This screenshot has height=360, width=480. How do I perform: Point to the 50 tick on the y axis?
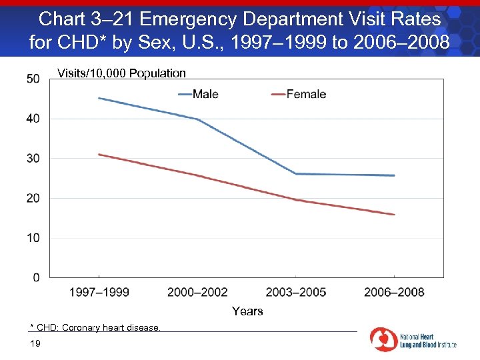point(33,79)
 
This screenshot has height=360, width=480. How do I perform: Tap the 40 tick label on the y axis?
point(33,119)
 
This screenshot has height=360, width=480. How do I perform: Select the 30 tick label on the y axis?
point(33,159)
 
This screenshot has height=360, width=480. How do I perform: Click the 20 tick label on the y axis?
point(33,199)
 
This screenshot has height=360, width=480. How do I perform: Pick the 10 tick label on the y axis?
point(33,238)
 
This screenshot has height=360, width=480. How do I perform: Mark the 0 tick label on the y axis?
point(35,277)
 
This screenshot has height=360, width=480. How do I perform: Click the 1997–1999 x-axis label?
point(99,292)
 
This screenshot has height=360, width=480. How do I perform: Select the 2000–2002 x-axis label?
point(197,292)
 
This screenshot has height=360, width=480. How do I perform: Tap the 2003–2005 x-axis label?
point(296,292)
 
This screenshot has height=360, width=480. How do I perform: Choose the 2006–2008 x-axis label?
point(394,292)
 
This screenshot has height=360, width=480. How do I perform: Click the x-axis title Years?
point(247,311)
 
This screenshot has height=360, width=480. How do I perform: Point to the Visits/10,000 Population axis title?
point(121,73)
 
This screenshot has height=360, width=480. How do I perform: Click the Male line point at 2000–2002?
point(197,119)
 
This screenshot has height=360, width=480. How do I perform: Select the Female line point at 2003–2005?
point(296,200)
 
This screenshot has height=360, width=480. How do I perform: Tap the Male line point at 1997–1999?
point(99,98)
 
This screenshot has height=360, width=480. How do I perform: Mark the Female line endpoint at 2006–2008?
point(394,215)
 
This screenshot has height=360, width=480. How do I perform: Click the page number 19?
point(35,343)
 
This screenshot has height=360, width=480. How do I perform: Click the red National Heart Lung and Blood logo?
point(383,339)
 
